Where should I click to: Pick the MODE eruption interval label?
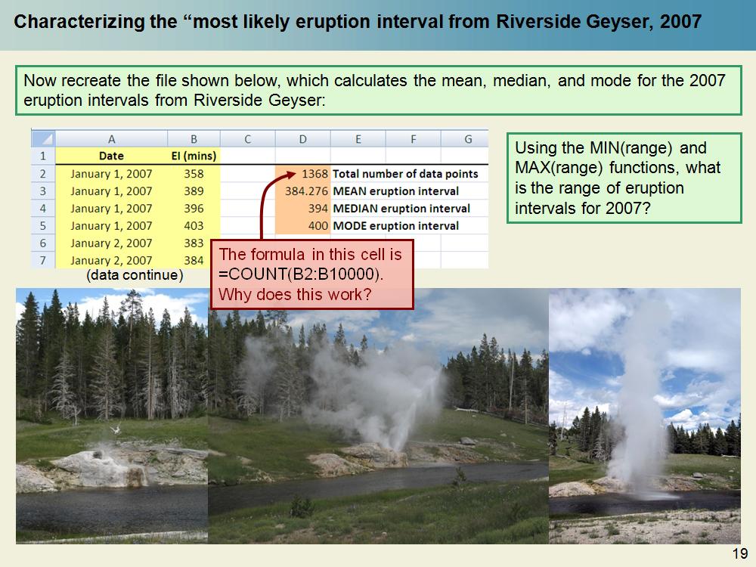[395, 226]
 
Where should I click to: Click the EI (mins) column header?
[194, 156]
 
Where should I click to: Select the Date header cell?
[111, 156]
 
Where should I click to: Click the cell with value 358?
[194, 174]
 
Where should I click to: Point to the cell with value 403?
[194, 226]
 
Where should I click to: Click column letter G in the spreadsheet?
[468, 139]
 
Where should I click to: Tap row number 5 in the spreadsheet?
[42, 226]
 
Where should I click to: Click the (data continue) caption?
[135, 276]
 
